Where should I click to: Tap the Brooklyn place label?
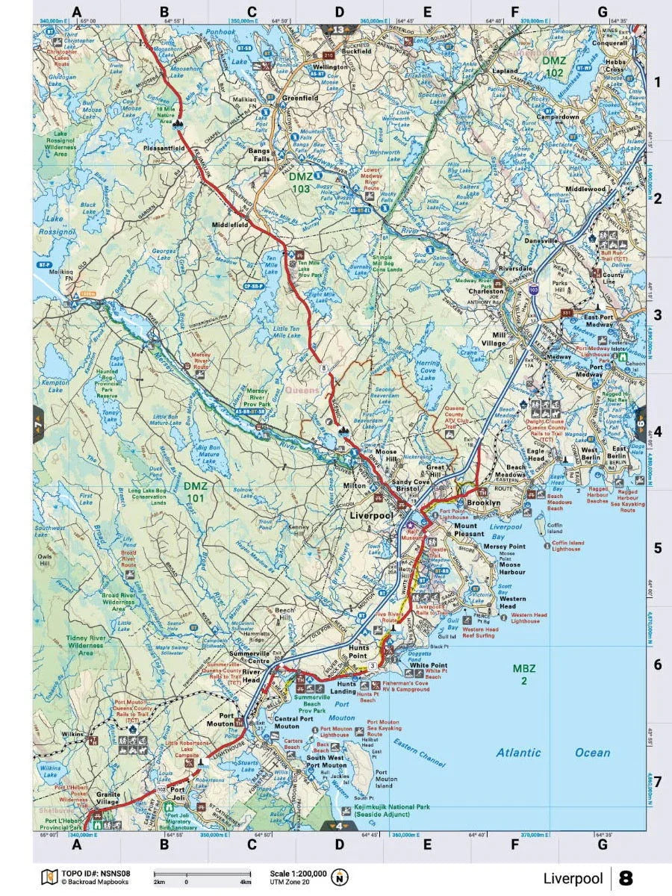click(483, 504)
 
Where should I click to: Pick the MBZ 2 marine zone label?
click(525, 673)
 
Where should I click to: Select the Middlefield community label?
click(230, 224)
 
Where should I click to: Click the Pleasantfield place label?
click(164, 149)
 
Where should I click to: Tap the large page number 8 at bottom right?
click(626, 878)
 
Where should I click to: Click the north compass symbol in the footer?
click(340, 877)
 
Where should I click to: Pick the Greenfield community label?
click(300, 98)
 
